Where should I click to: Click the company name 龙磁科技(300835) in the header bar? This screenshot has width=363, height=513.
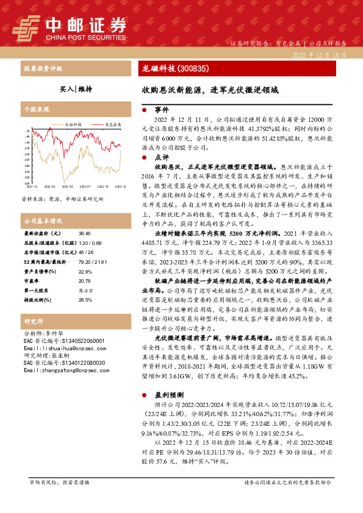(171, 69)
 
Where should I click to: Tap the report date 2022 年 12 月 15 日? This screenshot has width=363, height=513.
(320, 55)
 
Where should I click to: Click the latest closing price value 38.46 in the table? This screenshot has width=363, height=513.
(84, 233)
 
